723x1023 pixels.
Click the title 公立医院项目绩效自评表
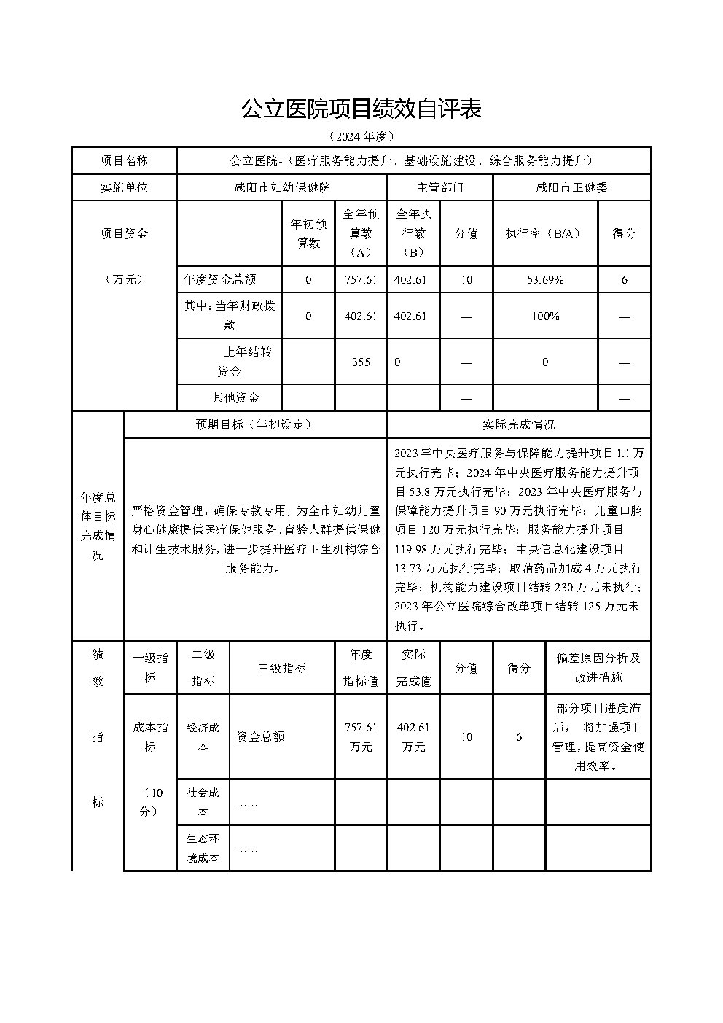(x=361, y=109)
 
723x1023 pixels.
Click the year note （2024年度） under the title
(x=361, y=136)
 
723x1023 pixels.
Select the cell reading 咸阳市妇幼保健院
(x=281, y=187)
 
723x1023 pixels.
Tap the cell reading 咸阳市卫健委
(x=571, y=187)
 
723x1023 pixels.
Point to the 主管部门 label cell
(x=439, y=187)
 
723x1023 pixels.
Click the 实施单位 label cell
(x=124, y=187)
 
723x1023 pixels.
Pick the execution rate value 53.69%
(x=545, y=279)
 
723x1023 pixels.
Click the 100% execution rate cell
(x=545, y=316)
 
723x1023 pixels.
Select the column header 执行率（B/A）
(x=545, y=233)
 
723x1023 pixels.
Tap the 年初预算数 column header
(x=308, y=233)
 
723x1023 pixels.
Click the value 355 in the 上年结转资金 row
(x=361, y=362)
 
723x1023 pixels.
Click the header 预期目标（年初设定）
(x=254, y=424)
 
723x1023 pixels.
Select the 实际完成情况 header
(x=518, y=424)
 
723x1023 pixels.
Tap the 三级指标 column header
(x=281, y=668)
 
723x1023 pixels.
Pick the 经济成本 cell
(x=203, y=736)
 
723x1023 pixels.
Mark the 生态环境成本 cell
(x=203, y=848)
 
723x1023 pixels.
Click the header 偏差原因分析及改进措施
(x=598, y=667)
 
